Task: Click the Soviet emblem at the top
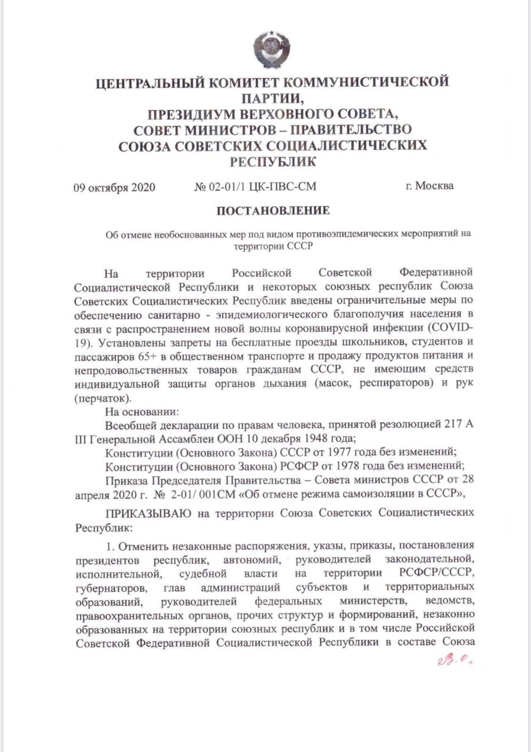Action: (x=271, y=48)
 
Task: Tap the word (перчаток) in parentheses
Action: (x=102, y=398)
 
